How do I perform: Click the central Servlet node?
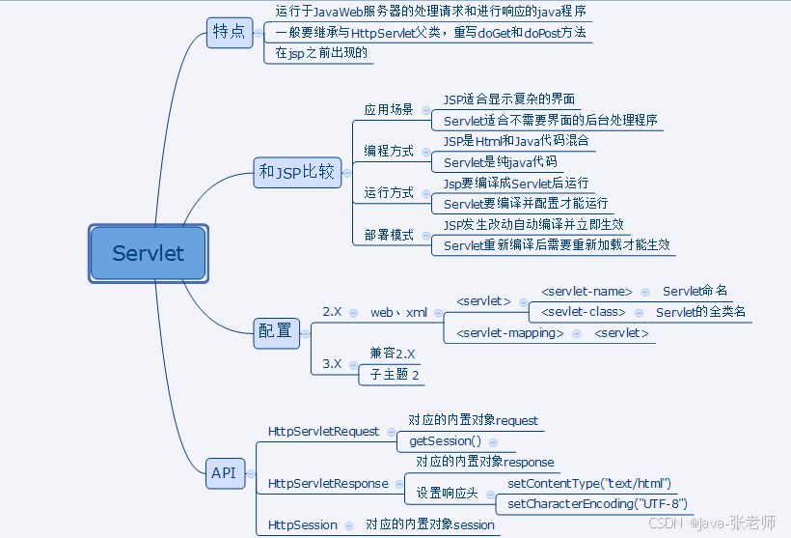[x=148, y=254]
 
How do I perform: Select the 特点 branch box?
[x=229, y=32]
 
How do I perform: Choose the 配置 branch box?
[x=275, y=330]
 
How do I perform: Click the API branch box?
[x=224, y=472]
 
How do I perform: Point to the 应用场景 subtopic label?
[x=389, y=109]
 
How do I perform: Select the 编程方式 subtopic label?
[x=389, y=151]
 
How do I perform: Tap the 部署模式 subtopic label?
[x=389, y=235]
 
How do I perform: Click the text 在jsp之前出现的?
[x=320, y=53]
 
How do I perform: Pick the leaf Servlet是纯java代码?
[x=500, y=162]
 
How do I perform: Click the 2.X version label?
[x=332, y=312]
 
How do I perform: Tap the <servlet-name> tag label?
[x=586, y=291]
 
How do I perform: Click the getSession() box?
[x=445, y=440]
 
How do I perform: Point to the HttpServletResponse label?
[x=328, y=483]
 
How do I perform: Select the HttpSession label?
[x=303, y=524]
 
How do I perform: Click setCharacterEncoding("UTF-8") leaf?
[x=597, y=503]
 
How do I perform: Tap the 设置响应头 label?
[x=447, y=493]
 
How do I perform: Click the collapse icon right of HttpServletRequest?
[x=390, y=431]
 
